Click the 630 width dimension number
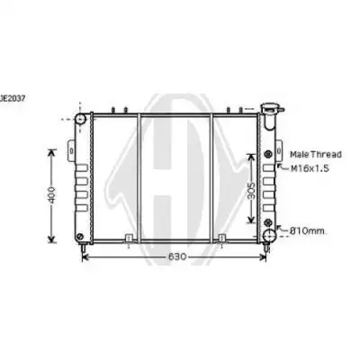[177, 256]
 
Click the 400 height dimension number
[52, 195]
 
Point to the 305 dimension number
[252, 191]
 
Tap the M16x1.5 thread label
[310, 168]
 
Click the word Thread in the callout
[326, 155]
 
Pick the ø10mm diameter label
[307, 231]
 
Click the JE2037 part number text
[13, 98]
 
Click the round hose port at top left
[80, 119]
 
